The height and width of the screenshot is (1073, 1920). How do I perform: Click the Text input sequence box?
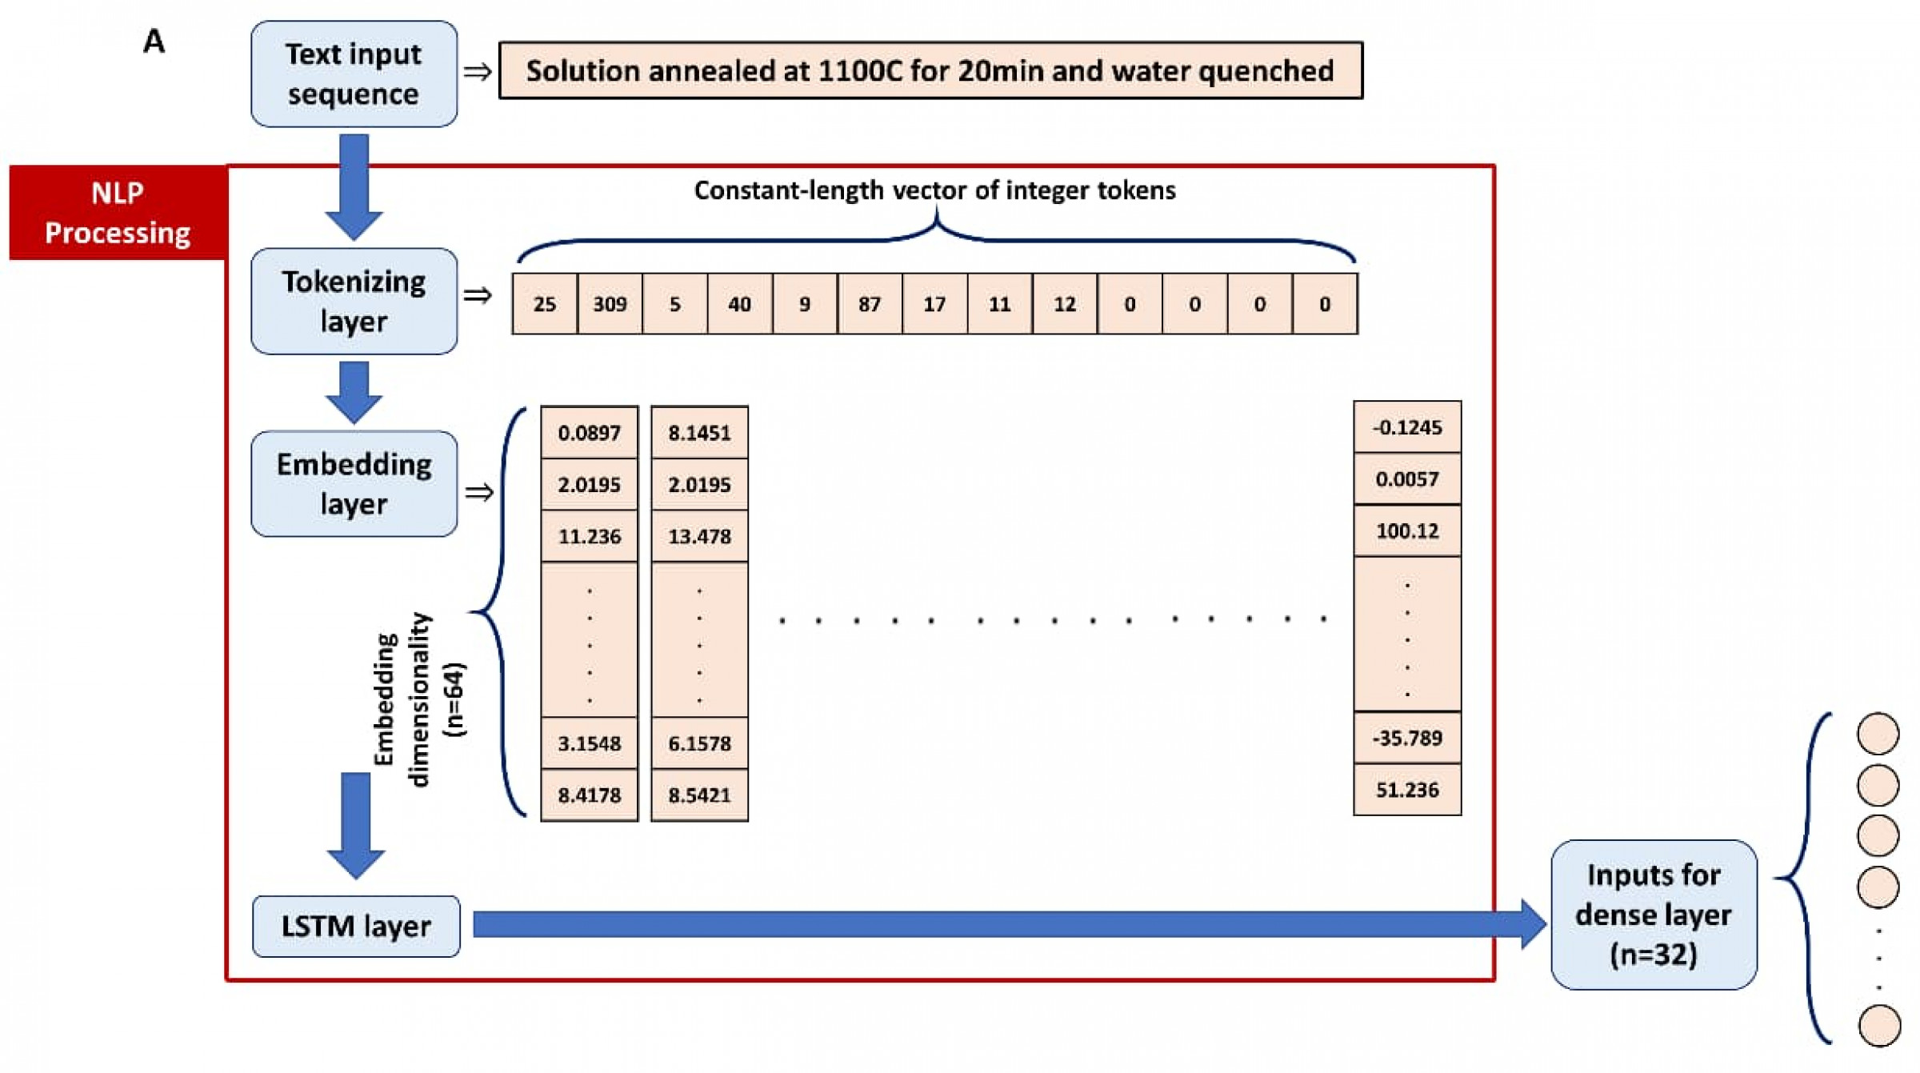click(354, 74)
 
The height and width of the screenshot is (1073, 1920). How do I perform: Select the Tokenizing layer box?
click(354, 301)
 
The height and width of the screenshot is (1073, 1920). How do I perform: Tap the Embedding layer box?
click(354, 483)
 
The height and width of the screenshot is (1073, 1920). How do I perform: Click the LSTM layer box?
click(356, 926)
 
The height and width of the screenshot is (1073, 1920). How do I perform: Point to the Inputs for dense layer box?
click(1653, 915)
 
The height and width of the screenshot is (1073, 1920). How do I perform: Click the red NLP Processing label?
click(118, 213)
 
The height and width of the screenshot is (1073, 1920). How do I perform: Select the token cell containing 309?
click(610, 304)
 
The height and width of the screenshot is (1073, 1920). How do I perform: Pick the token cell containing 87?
click(870, 304)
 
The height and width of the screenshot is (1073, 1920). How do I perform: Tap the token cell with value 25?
click(544, 304)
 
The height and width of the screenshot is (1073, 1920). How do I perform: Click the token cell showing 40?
click(739, 304)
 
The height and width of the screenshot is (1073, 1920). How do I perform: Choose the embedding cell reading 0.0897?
click(589, 433)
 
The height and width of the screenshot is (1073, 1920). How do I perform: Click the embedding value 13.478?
click(699, 536)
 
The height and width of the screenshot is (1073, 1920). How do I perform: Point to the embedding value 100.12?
click(1406, 530)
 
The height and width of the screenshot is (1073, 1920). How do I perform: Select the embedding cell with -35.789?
click(1406, 738)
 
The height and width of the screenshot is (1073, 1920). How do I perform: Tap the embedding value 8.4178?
click(589, 795)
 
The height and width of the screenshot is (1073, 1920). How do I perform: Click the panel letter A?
click(154, 42)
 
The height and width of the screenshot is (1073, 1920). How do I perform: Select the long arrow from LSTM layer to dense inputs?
click(1000, 925)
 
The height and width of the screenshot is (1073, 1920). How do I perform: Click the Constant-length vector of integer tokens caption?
click(934, 190)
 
